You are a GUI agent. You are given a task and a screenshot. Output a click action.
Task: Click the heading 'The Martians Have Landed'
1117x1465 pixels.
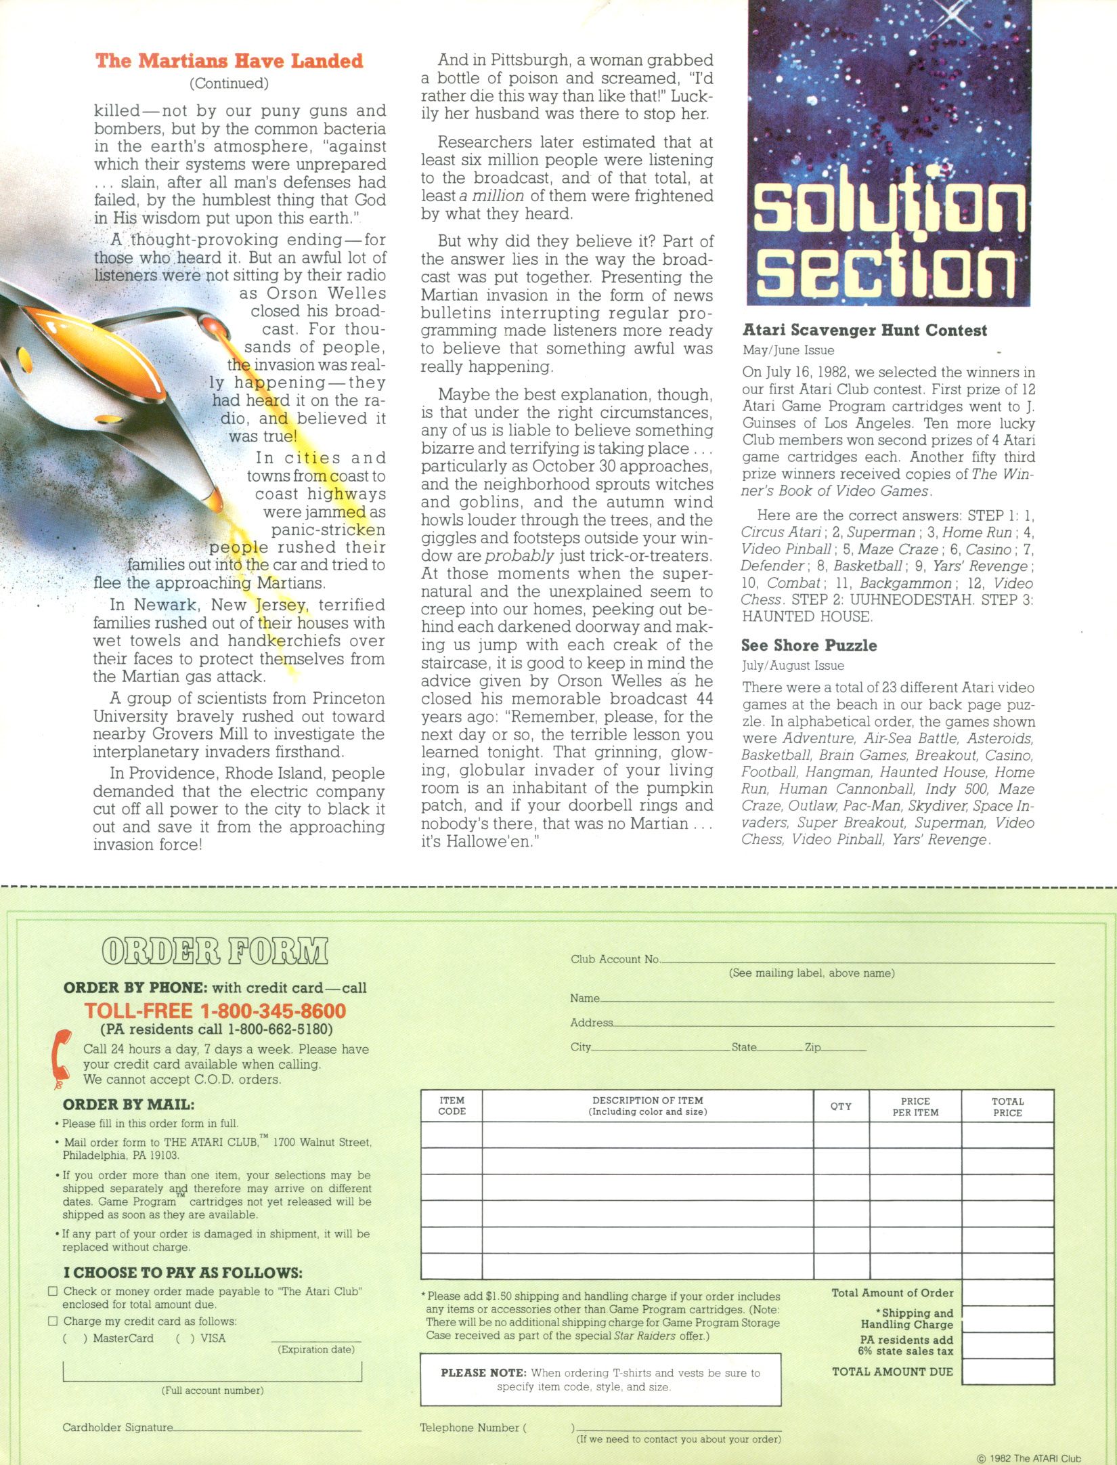point(229,61)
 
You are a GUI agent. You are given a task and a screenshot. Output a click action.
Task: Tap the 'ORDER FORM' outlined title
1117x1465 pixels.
point(215,952)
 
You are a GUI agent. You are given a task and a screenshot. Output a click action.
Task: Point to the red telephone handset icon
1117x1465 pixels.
point(62,1058)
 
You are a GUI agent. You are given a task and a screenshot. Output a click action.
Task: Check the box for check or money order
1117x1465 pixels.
point(53,1291)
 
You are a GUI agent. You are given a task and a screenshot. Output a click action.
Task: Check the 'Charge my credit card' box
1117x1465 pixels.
point(53,1321)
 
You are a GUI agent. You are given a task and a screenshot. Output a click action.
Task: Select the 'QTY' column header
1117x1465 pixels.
point(841,1106)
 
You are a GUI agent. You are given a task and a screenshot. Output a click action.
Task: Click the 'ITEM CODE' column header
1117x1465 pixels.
point(452,1106)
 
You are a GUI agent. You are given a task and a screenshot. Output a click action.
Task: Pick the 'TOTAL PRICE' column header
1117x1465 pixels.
point(1007,1107)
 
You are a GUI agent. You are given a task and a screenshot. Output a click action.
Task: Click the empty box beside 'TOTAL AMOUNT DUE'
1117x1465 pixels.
point(1007,1372)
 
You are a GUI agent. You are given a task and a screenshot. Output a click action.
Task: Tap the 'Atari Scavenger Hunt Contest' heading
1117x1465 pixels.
point(864,331)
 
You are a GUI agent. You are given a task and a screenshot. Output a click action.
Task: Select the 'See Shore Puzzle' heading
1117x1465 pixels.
point(808,645)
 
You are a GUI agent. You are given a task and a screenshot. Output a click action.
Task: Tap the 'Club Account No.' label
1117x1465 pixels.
point(615,959)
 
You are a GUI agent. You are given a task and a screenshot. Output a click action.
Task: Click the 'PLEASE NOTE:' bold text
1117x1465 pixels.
point(483,1373)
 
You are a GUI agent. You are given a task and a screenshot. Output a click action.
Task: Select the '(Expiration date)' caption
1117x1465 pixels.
point(315,1349)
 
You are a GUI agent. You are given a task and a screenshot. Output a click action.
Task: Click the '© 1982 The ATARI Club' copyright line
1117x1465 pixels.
point(1029,1458)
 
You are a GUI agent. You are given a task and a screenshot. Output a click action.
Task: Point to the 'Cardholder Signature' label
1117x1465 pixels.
point(117,1427)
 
